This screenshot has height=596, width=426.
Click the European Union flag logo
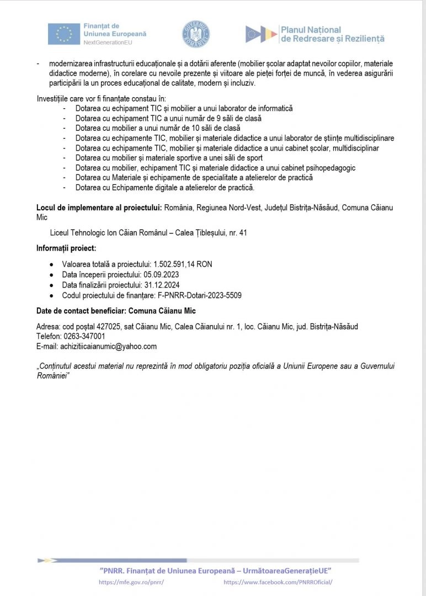pyautogui.click(x=64, y=34)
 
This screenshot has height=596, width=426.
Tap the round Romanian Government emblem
pyautogui.click(x=196, y=34)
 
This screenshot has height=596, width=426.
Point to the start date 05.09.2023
pyautogui.click(x=161, y=274)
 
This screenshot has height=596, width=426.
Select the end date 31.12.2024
pyautogui.click(x=164, y=285)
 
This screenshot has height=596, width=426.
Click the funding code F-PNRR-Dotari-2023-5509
pyautogui.click(x=200, y=295)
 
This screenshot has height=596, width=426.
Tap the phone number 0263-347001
pyautogui.click(x=86, y=336)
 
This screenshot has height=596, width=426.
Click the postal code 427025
pyautogui.click(x=102, y=326)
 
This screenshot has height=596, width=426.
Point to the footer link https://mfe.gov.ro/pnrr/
pyautogui.click(x=132, y=582)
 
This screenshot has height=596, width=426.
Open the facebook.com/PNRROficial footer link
pyautogui.click(x=278, y=582)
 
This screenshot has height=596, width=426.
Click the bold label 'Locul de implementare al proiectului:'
pyautogui.click(x=98, y=207)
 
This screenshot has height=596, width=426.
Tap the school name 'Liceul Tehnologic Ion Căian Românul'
pyautogui.click(x=109, y=233)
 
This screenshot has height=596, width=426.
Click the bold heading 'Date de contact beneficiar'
pyautogui.click(x=83, y=311)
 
